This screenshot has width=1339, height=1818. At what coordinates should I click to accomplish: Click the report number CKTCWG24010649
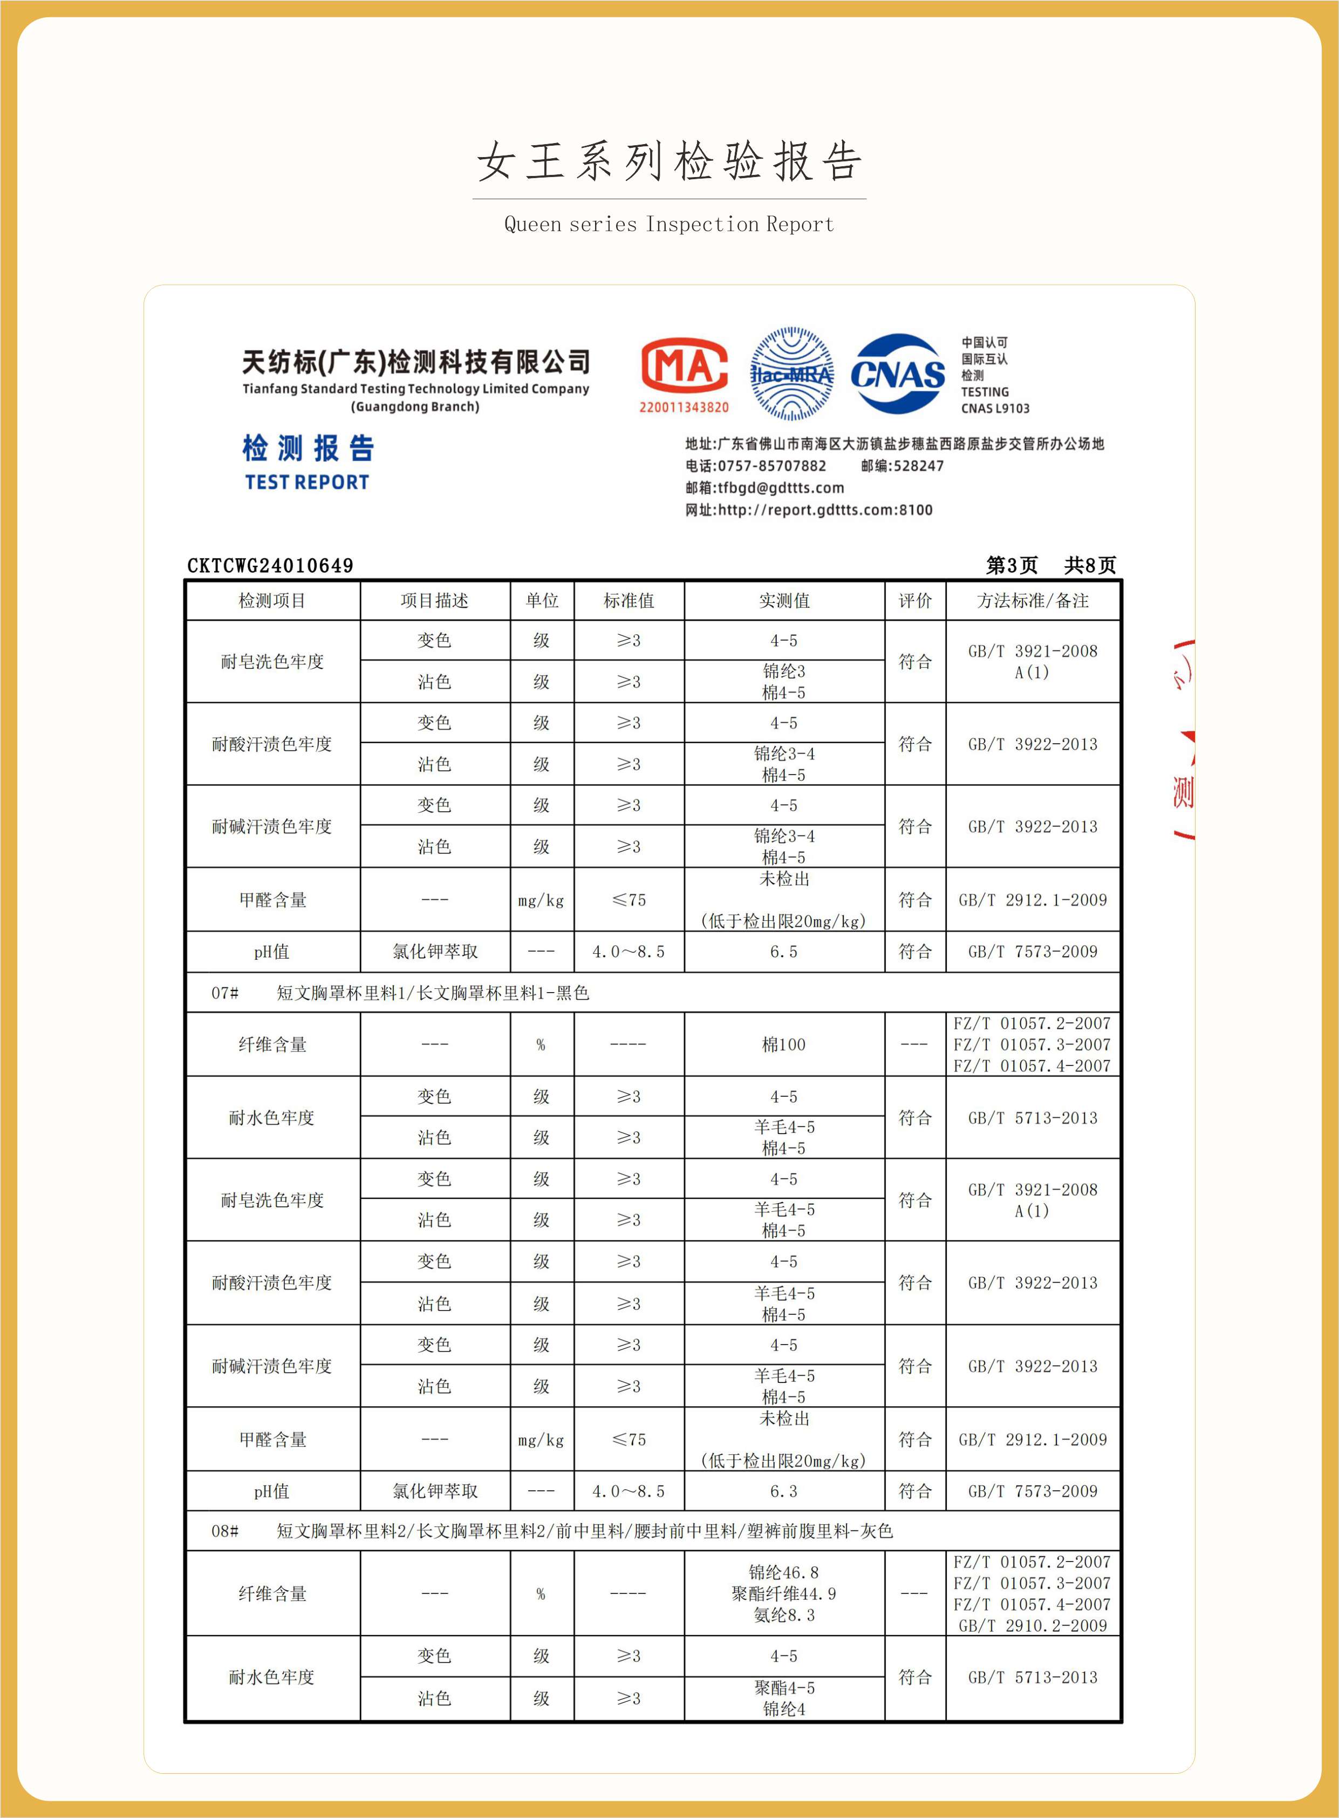[270, 565]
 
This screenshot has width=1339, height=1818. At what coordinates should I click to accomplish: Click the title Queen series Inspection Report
[668, 224]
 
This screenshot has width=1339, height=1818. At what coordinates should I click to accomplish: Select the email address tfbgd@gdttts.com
[781, 487]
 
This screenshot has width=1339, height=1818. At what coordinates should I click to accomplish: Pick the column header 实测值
[784, 600]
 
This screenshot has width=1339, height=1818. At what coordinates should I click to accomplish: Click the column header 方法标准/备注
[1032, 600]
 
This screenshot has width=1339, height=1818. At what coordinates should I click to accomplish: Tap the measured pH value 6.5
[784, 951]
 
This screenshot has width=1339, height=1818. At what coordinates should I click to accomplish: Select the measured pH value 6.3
[784, 1490]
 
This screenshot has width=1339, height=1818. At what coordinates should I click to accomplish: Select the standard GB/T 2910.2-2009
[1032, 1625]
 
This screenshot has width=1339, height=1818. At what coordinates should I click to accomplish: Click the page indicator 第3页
[1012, 565]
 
